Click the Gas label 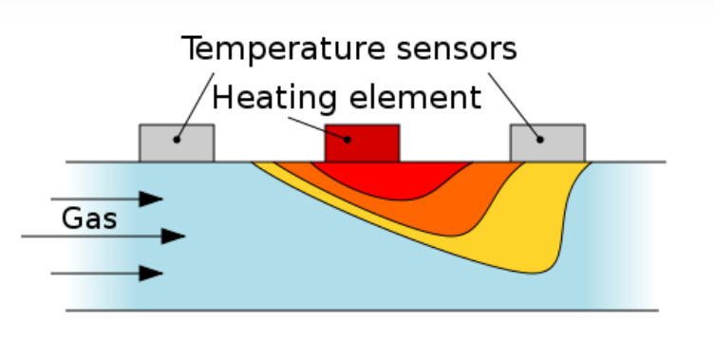(89, 219)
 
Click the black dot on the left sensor (177, 140)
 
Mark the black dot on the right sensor (540, 140)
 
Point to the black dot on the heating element (348, 140)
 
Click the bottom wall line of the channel (361, 310)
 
